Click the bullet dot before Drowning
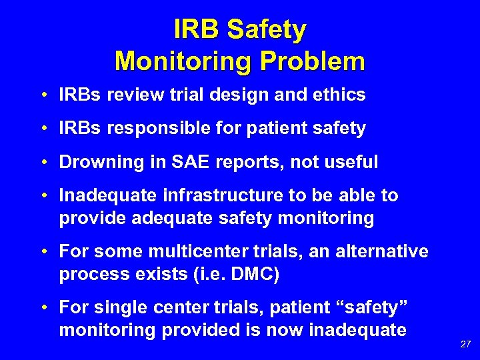point(43,162)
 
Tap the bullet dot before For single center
point(43,309)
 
